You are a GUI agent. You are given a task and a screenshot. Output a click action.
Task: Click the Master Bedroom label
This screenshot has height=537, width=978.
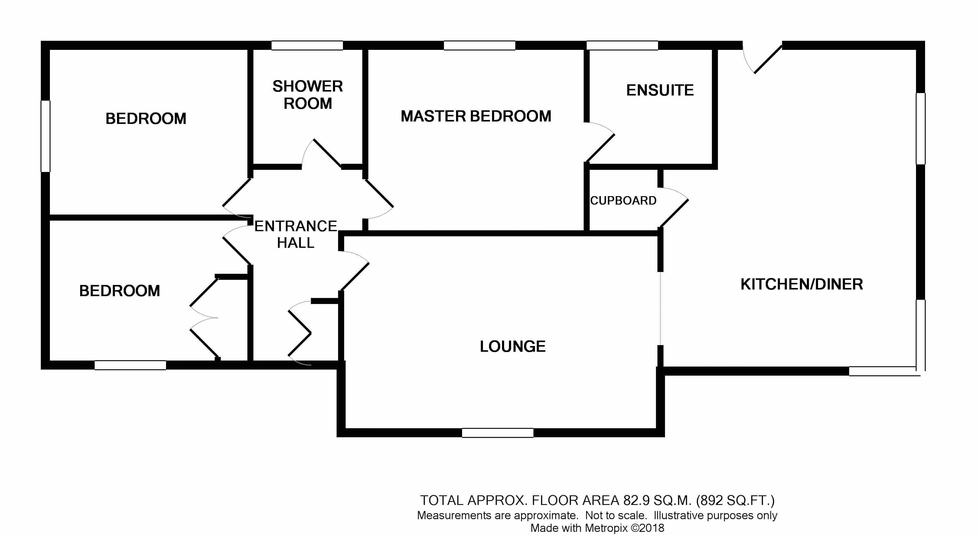476,116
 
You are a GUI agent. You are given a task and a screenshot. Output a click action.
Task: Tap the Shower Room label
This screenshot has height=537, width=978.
308,95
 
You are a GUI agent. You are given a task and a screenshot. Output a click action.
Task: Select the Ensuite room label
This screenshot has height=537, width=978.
660,90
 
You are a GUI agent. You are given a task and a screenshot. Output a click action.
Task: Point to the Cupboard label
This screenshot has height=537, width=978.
623,200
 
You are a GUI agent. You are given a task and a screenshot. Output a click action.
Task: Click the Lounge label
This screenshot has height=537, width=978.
513,346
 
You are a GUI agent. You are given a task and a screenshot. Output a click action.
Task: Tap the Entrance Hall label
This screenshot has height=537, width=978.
295,234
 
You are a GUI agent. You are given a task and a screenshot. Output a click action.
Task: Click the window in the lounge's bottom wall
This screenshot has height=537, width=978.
497,433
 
